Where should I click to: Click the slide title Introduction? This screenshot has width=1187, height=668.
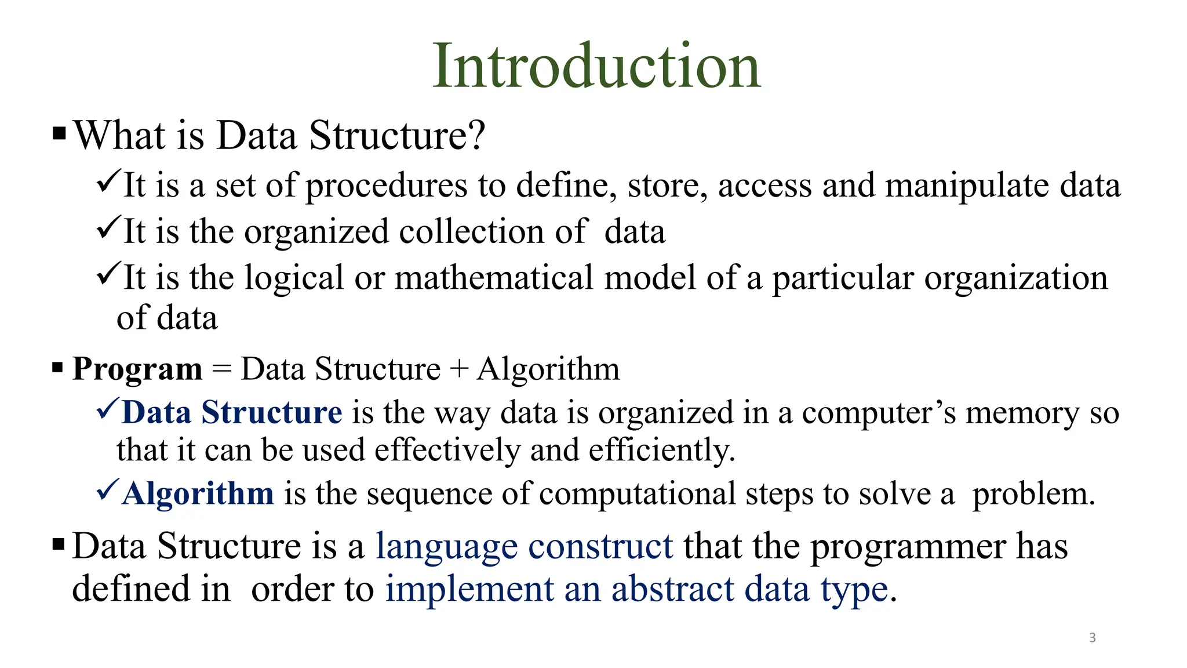(596, 66)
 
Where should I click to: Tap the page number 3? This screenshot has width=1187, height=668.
(1092, 638)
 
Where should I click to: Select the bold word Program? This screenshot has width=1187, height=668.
(137, 369)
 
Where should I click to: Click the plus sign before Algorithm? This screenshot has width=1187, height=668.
(458, 369)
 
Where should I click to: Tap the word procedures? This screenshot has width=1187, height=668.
(386, 187)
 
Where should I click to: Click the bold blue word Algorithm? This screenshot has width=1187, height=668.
(198, 494)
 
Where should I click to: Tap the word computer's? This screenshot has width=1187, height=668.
(879, 413)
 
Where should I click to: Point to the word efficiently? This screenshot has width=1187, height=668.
(662, 451)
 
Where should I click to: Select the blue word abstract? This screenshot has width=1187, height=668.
(672, 589)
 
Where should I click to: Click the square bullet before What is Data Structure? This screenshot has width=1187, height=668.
(59, 134)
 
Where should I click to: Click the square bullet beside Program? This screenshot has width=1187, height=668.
(57, 367)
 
